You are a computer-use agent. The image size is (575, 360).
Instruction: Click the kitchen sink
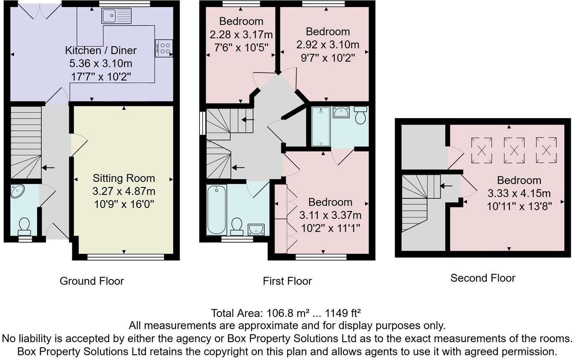116,16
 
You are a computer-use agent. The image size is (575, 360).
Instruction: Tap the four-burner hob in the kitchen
164,48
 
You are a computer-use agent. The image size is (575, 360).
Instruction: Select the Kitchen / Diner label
101,50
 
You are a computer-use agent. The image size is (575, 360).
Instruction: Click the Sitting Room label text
124,178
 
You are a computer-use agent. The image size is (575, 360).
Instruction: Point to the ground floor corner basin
17,191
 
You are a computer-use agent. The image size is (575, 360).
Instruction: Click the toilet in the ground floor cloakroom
24,226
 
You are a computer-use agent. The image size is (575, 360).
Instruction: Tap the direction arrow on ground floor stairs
48,168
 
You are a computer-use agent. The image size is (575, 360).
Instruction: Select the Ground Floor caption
92,281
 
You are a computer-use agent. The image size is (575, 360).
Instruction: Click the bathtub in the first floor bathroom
216,209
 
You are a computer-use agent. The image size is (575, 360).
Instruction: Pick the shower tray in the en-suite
321,126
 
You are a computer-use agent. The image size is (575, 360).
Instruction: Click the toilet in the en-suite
361,115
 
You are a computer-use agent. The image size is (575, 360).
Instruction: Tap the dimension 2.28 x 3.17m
241,34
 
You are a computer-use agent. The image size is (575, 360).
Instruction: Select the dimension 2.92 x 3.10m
328,45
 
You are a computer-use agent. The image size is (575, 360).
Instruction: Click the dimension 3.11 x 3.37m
330,215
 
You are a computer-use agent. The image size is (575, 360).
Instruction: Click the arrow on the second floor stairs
446,186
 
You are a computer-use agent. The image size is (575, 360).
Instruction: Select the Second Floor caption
482,278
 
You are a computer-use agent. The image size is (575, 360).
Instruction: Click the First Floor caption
287,281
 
